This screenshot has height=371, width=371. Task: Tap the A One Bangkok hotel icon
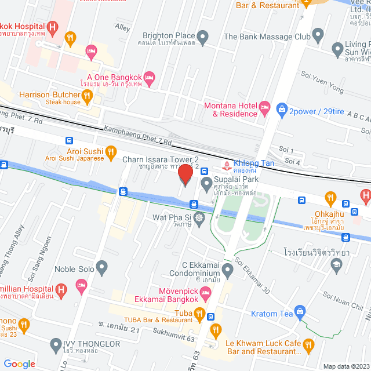point(149,77)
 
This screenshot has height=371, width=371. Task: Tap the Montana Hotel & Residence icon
point(264,107)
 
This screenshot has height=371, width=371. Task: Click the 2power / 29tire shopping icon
point(282,108)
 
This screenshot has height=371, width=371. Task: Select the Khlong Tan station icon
point(225,163)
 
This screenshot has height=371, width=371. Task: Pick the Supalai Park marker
point(206,184)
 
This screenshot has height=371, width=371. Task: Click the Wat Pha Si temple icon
point(199,218)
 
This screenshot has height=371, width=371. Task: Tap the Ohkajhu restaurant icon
point(330,197)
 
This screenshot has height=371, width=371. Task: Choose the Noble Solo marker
point(102,268)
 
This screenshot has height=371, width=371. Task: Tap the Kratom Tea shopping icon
point(299,311)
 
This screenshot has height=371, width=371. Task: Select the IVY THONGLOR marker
point(56,344)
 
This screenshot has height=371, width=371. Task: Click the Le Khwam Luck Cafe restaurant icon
point(308,346)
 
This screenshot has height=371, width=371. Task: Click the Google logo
point(20,363)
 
